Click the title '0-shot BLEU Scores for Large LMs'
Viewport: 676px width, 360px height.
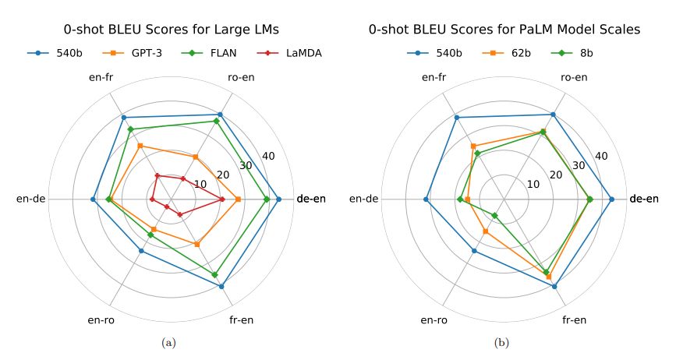[x=171, y=30]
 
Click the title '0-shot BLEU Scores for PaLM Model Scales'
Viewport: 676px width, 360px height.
[x=504, y=30]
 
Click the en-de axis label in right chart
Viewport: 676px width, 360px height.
[x=364, y=199]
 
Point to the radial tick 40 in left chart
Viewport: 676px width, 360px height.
[x=269, y=157]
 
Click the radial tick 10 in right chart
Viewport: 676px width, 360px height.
[x=533, y=185]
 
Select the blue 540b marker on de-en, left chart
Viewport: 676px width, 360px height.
[x=278, y=199]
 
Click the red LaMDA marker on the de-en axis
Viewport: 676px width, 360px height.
[x=222, y=199]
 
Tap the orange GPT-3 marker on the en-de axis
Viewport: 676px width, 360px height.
[x=110, y=200]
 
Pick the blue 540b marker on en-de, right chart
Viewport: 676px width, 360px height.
[x=426, y=199]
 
